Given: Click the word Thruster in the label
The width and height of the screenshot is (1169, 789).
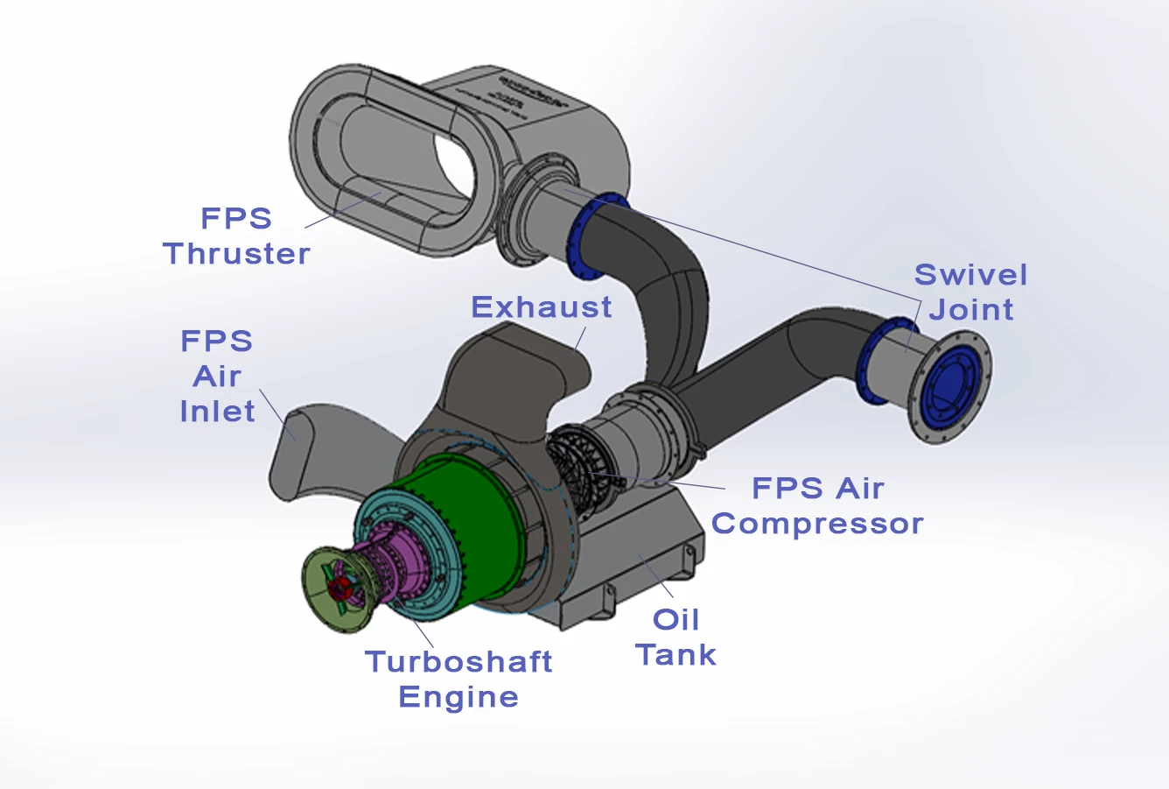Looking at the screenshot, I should coord(236,254).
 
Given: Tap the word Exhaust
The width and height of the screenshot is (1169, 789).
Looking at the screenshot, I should coord(541,307).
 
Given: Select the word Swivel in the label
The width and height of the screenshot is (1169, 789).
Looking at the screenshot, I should coord(970,275).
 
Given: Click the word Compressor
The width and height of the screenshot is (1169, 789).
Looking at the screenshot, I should coord(817,524).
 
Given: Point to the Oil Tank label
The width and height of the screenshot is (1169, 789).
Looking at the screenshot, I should coord(676,638).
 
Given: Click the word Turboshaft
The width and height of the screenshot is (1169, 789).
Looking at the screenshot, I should coord(458,661).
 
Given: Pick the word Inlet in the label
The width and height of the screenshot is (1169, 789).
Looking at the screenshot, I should coord(217,412).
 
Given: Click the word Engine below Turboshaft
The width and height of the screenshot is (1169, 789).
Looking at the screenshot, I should coord(458,697).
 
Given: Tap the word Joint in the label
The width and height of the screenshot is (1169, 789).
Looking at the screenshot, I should coord(970,310).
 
